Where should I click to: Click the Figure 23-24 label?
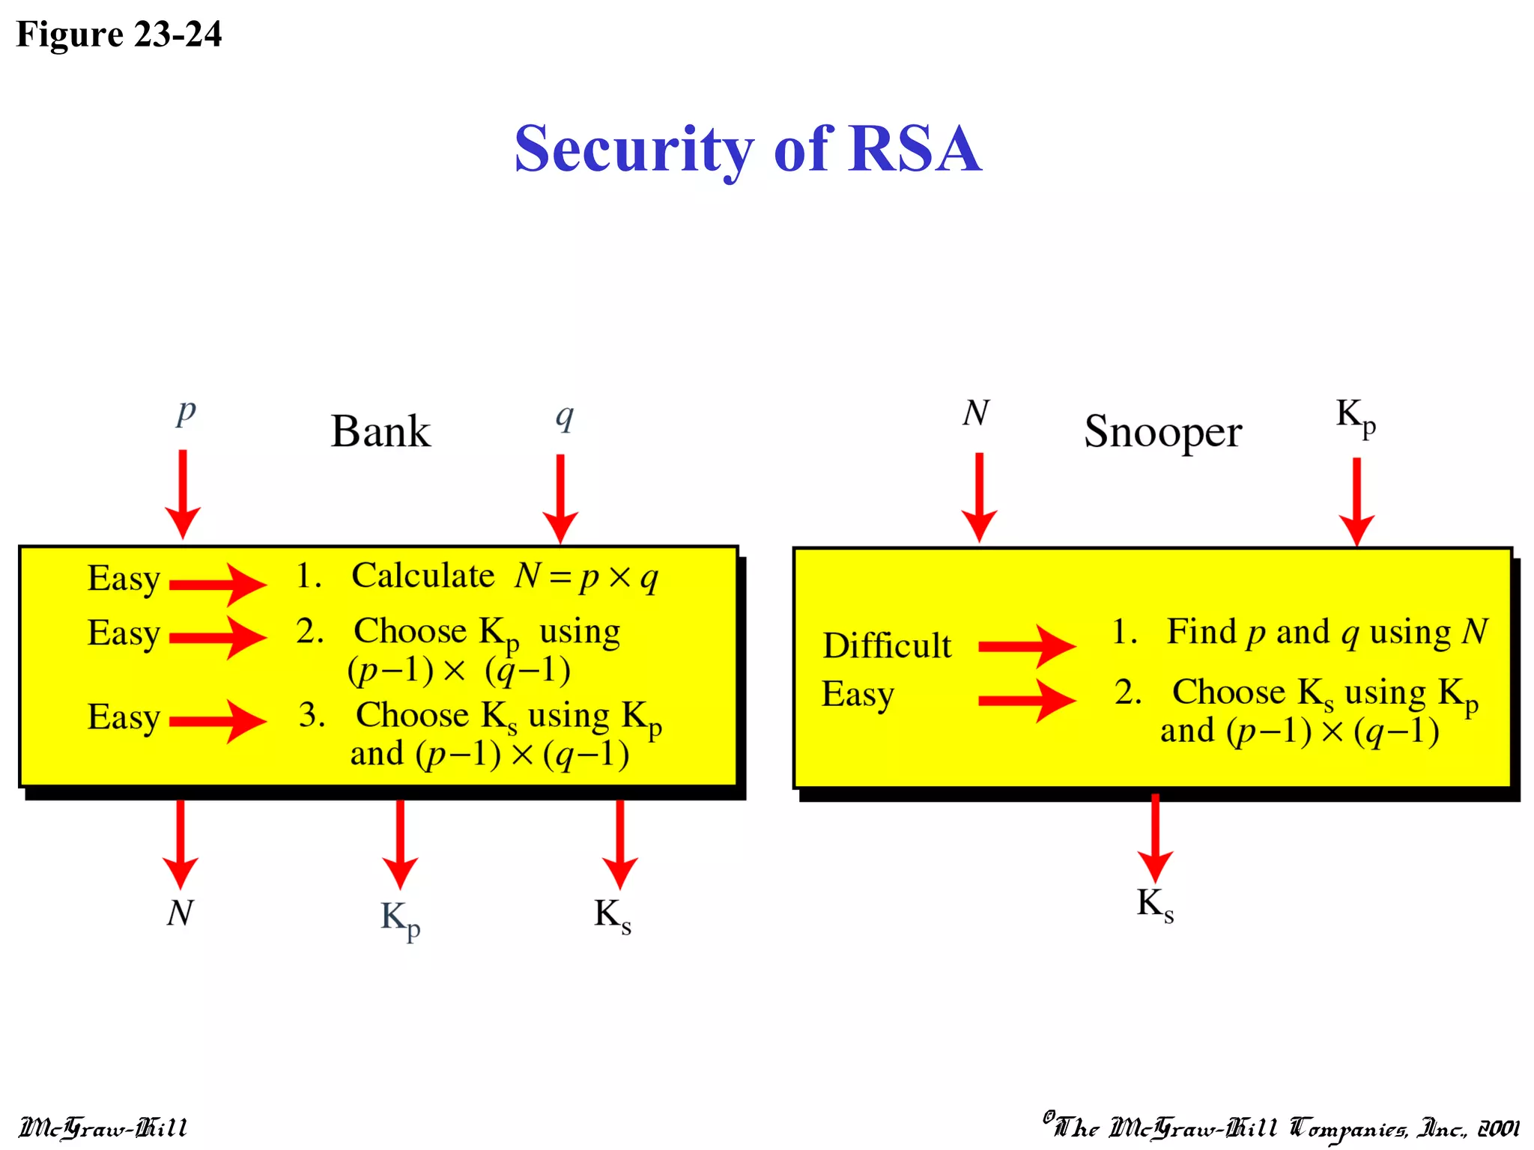118,34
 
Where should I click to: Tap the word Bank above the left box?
381,432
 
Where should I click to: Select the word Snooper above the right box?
1162,432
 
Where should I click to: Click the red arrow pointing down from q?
560,497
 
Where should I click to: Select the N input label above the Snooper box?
976,413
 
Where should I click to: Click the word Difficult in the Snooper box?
887,645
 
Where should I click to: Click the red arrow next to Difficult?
1026,645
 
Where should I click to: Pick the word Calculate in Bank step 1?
423,576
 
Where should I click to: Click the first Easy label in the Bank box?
124,579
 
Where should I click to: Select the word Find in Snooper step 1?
1201,631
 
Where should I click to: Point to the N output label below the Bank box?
180,913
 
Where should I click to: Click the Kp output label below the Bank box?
400,918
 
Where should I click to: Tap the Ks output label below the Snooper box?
1154,904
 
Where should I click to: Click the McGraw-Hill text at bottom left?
103,1128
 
